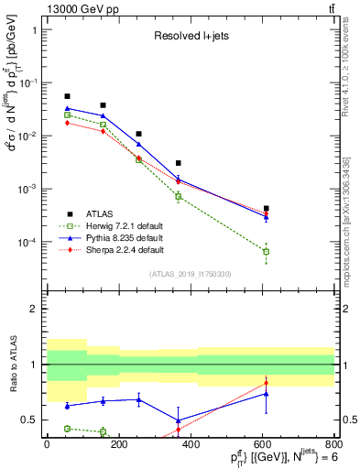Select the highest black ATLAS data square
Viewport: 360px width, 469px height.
tap(67, 96)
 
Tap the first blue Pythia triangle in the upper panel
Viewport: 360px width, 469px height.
tap(67, 108)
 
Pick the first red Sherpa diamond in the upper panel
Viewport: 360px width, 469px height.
tap(67, 122)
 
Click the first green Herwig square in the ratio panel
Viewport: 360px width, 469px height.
tap(67, 428)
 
